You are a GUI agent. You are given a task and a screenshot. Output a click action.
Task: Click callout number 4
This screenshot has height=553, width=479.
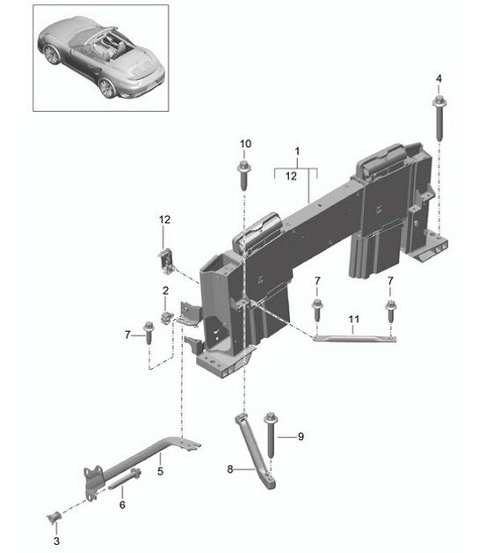point(438,80)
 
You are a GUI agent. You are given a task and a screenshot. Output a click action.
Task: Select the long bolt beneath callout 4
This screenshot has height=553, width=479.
point(438,120)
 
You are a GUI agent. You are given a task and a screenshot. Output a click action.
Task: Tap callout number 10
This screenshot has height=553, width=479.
point(245,144)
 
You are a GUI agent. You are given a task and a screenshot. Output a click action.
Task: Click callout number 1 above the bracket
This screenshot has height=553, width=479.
point(297,151)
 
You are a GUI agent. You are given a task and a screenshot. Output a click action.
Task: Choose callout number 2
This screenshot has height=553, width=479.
point(164,291)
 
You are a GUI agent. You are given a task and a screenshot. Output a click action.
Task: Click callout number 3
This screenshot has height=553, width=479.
point(57,529)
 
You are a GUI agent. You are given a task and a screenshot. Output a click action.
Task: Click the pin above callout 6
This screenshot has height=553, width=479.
point(128,481)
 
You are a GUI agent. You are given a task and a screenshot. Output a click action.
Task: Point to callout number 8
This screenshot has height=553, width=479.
point(230,469)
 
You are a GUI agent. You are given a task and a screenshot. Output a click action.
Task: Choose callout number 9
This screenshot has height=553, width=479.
point(300,436)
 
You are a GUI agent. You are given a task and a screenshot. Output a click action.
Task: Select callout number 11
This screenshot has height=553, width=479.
point(352,318)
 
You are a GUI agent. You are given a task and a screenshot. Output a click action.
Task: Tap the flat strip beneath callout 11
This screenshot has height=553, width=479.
point(352,335)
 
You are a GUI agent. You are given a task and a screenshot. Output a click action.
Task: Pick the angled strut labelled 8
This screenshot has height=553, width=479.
point(257,449)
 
